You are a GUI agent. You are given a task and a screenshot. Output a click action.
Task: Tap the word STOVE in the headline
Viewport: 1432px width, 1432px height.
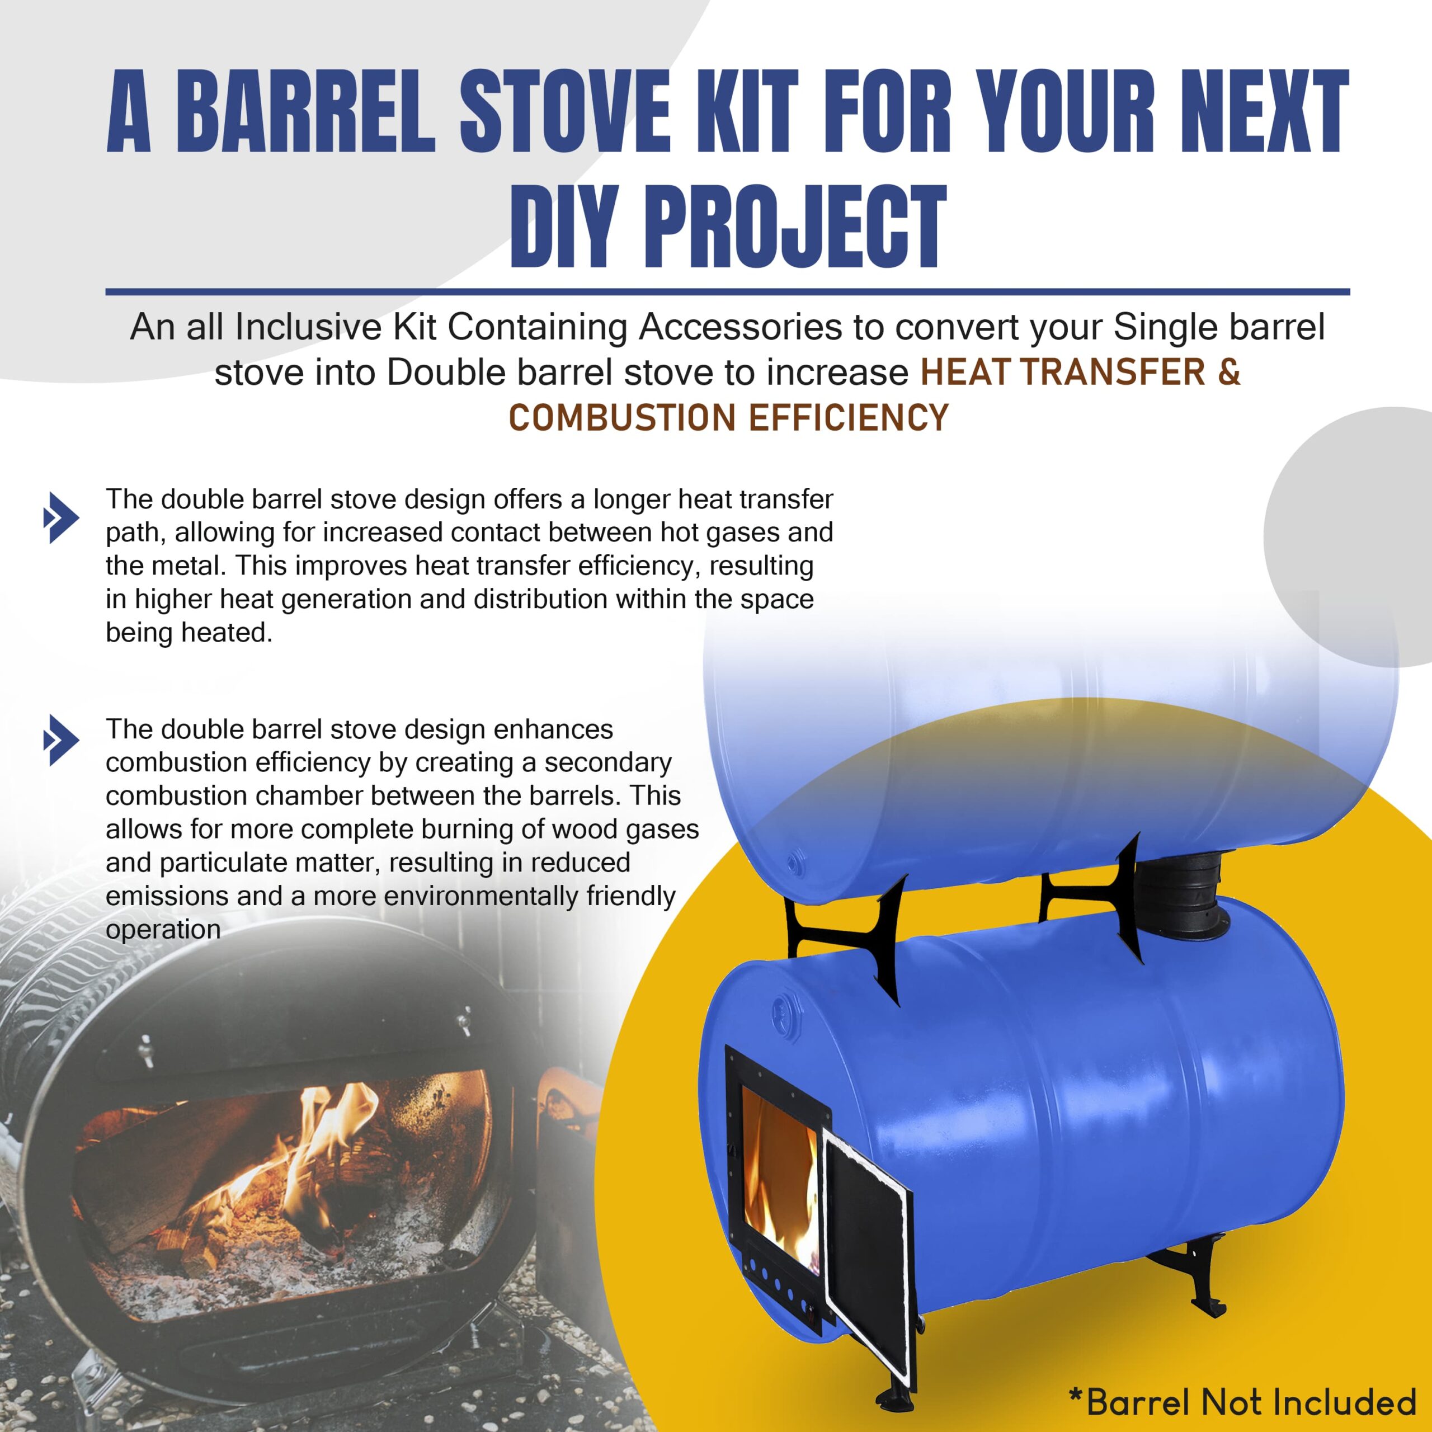click(x=565, y=111)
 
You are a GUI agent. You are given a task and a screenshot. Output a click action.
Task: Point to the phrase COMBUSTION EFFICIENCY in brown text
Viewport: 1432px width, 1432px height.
click(x=728, y=418)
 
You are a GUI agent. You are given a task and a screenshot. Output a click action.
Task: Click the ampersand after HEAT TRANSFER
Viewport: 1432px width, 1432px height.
click(x=1228, y=372)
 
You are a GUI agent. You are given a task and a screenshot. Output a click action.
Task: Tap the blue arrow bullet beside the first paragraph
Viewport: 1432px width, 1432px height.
click(x=62, y=517)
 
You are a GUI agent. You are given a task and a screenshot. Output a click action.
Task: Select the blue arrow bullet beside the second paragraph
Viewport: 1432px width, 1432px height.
click(x=62, y=739)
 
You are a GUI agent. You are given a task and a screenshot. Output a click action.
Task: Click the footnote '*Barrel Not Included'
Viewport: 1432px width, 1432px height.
click(x=1242, y=1402)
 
